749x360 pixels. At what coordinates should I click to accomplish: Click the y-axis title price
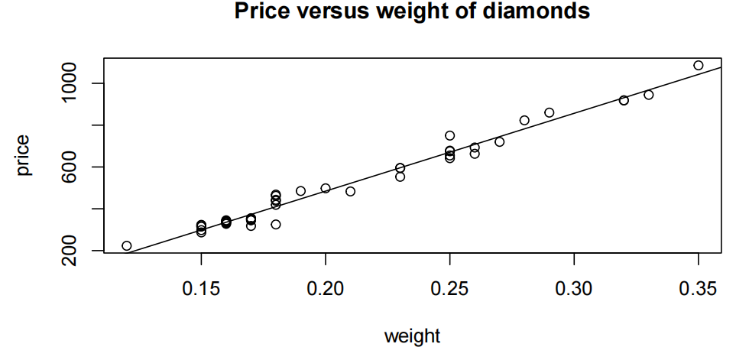coord(24,155)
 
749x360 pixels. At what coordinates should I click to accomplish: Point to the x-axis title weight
coord(412,336)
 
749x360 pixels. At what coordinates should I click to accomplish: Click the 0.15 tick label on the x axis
coord(201,289)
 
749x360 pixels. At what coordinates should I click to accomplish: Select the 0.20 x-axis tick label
coord(326,289)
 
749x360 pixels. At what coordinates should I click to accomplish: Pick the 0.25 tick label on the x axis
coord(449,289)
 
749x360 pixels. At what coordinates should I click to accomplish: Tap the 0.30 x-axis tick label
coord(574,289)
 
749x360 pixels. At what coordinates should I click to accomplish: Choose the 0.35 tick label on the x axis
coord(698,289)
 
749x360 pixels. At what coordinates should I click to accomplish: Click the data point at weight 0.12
coord(127,245)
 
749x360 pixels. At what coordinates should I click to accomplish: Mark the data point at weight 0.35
coord(699,66)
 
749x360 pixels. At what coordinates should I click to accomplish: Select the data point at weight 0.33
coord(649,95)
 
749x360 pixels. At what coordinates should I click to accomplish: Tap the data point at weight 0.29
coord(550,112)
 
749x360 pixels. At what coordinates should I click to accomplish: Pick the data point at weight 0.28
coord(524,120)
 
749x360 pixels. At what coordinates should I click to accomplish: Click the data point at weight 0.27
coord(500,141)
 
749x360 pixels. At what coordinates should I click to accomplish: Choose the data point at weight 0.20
coord(326,188)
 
